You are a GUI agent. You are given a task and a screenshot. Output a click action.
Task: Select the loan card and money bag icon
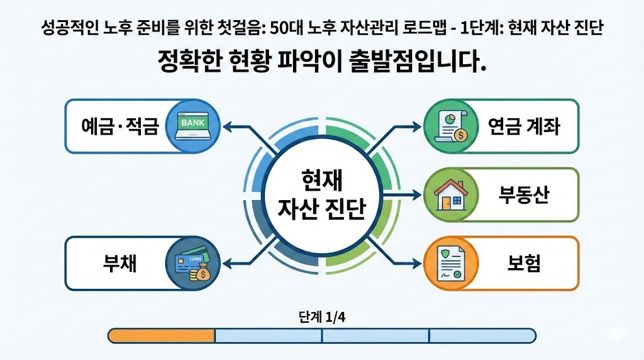[x=193, y=263]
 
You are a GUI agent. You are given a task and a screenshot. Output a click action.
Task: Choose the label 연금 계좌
[x=523, y=126]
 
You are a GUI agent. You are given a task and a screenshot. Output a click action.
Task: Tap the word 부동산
[x=523, y=194]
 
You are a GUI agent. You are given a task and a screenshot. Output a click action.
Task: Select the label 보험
[x=523, y=263]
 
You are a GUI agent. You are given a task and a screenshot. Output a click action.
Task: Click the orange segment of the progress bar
[x=162, y=335]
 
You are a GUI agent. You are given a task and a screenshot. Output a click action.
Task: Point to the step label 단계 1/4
[x=321, y=317]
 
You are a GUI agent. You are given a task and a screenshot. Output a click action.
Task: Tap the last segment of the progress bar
[x=482, y=335]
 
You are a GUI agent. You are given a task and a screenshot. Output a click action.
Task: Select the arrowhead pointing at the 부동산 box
[x=417, y=195]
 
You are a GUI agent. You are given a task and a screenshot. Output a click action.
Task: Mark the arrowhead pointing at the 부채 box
[x=227, y=263]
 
